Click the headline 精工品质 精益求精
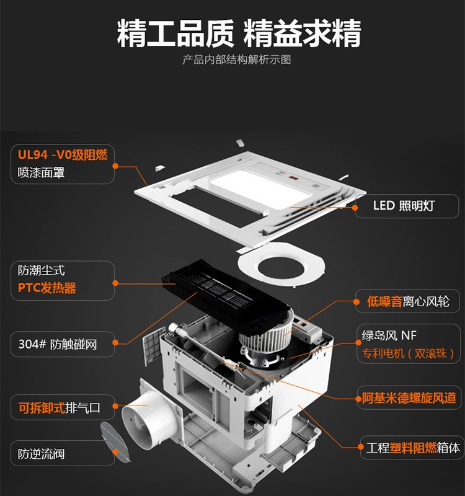(x=239, y=33)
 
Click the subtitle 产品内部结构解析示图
(x=237, y=60)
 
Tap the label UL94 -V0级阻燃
(x=63, y=154)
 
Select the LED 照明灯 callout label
(x=404, y=206)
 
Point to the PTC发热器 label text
(x=47, y=288)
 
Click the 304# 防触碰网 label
(x=58, y=344)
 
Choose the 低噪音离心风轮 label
(x=408, y=301)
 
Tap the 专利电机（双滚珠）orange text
(x=408, y=353)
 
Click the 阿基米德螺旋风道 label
(x=409, y=398)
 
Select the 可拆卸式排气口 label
(x=59, y=408)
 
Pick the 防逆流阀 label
(x=41, y=454)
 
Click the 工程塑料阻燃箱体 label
(x=413, y=448)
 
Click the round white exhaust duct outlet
(x=149, y=417)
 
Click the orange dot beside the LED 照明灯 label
(x=355, y=208)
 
